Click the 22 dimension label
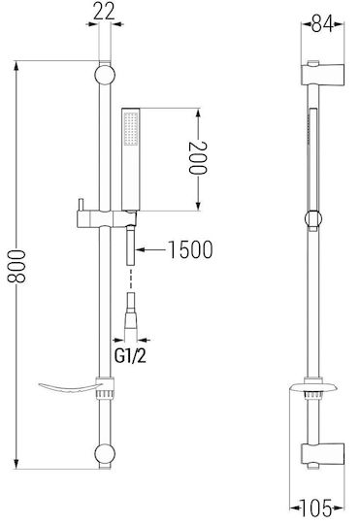[104, 12]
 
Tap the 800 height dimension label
[16, 266]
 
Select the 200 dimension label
[198, 158]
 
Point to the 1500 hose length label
[190, 249]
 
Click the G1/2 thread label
[130, 356]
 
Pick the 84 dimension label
[322, 23]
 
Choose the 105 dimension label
[316, 508]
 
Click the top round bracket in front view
[105, 75]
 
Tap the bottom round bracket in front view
[105, 454]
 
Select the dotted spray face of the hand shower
[131, 129]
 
